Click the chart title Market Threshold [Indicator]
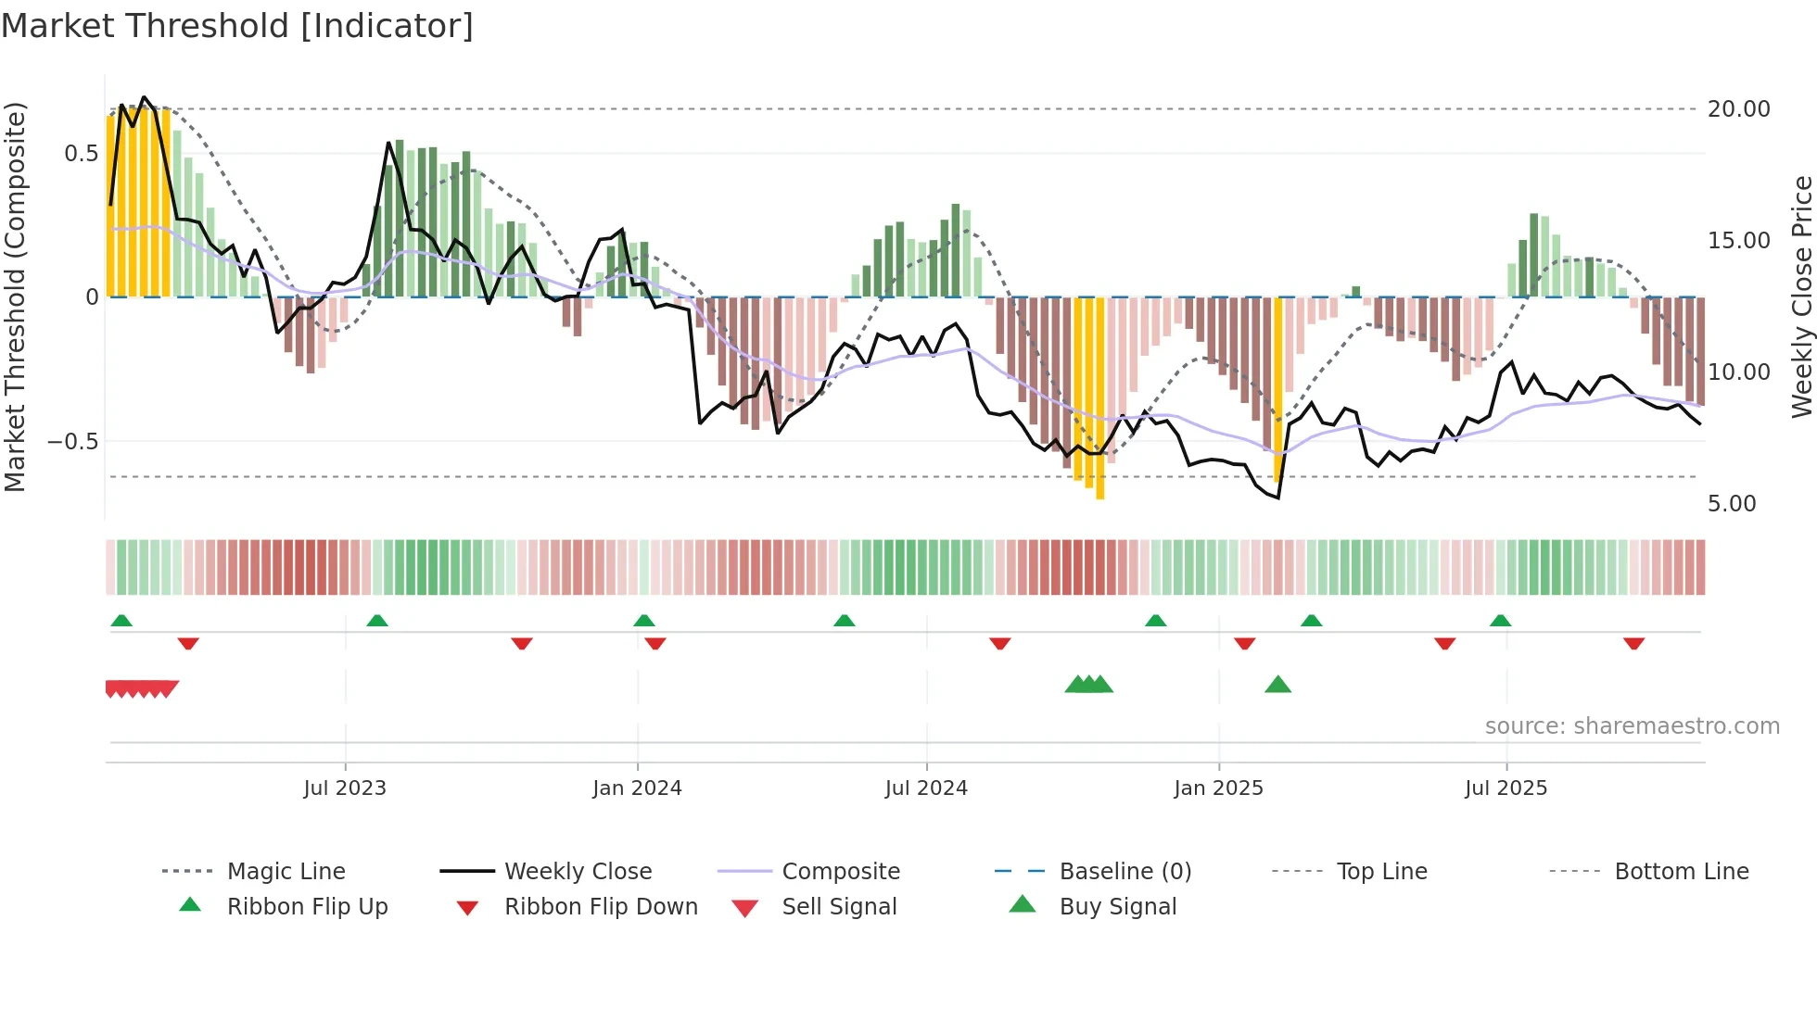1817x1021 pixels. (237, 26)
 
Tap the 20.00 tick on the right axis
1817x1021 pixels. (1738, 109)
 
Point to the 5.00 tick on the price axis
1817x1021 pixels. (1731, 504)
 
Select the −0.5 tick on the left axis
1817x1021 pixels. (72, 442)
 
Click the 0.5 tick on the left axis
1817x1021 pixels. (81, 154)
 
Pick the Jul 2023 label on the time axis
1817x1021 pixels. (345, 788)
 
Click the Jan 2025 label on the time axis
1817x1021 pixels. (1218, 788)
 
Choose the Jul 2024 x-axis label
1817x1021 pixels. (926, 788)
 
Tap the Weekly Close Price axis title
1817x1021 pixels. (1801, 296)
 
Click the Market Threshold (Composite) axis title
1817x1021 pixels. (15, 296)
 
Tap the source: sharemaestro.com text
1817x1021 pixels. (1632, 726)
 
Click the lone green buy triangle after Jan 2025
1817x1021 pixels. (1277, 685)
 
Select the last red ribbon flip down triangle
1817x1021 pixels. (1633, 643)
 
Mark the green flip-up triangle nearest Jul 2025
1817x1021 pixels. (1500, 621)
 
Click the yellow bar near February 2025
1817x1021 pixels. (1277, 389)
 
